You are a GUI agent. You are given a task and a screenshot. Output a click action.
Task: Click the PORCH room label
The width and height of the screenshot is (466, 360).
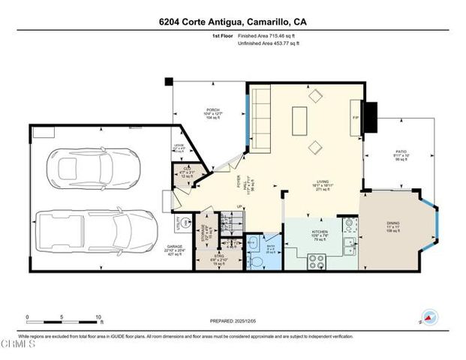[x=214, y=110]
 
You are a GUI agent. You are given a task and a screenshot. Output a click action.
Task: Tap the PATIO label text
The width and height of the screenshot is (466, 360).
[x=401, y=151]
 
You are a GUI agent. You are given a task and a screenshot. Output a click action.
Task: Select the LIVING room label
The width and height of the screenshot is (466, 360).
[x=323, y=181]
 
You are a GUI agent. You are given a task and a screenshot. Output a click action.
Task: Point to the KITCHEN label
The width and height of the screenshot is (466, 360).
[x=320, y=232]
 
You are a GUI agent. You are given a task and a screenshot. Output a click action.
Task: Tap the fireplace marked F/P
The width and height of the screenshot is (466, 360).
[x=356, y=117]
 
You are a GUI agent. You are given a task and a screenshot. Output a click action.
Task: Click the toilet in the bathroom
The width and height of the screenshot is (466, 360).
[x=254, y=244]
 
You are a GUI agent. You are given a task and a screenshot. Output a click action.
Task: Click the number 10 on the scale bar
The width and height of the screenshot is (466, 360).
[x=98, y=316]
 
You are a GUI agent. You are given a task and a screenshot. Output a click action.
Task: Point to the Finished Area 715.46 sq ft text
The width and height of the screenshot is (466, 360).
[x=267, y=36]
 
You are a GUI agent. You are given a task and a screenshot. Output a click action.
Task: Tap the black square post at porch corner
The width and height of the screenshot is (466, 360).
[x=170, y=81]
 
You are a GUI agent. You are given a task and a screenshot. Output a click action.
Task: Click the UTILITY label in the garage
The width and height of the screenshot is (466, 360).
[x=178, y=223]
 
